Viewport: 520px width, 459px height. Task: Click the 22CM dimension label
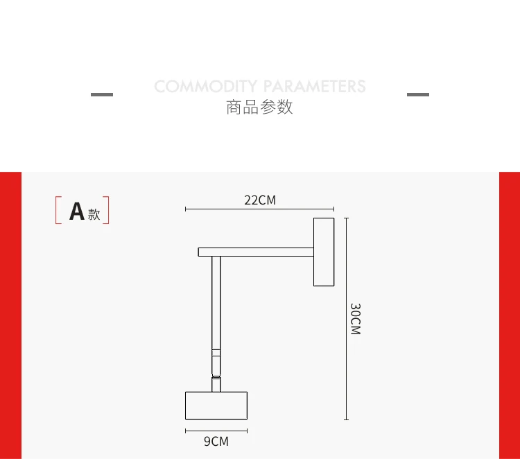(260, 200)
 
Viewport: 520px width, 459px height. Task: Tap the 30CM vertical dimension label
(355, 319)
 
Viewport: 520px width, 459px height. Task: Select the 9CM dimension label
(216, 441)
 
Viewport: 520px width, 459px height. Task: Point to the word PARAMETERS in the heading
(314, 87)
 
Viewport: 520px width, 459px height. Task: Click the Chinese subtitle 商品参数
(259, 107)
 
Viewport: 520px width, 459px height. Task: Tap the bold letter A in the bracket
(76, 211)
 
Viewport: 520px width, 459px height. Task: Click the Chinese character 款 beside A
(94, 214)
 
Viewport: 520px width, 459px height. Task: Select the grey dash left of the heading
(102, 94)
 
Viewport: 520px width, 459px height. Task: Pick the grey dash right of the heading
(417, 94)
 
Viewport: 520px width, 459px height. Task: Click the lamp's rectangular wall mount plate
(324, 251)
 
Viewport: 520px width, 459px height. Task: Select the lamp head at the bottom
(216, 405)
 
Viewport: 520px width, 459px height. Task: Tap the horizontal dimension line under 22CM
(259, 209)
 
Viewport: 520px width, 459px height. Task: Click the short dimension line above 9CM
(216, 431)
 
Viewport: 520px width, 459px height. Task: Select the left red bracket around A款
(57, 211)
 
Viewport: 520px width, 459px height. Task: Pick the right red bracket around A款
(108, 211)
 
